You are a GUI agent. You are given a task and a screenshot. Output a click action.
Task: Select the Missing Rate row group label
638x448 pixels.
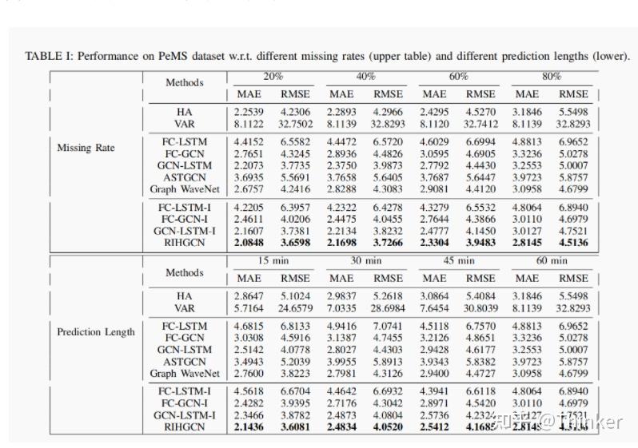(x=86, y=148)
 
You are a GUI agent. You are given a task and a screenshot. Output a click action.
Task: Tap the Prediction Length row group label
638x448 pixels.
(x=96, y=331)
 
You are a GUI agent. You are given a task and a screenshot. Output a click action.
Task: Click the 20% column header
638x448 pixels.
(x=274, y=77)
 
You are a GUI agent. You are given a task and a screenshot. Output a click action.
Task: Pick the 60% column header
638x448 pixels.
(x=458, y=77)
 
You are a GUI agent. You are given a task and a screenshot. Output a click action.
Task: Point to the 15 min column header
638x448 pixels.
(x=273, y=261)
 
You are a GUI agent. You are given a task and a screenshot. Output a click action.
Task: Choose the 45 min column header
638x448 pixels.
(x=458, y=261)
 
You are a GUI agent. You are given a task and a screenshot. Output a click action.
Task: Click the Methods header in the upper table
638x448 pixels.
(x=185, y=82)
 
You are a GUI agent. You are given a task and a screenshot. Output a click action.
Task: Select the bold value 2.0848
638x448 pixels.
(x=250, y=242)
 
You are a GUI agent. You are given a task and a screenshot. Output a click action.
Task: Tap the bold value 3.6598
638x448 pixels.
(x=296, y=242)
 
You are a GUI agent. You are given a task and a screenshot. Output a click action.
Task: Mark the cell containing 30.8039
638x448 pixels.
(x=480, y=307)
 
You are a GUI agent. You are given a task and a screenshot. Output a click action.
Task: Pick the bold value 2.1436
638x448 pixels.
(x=250, y=426)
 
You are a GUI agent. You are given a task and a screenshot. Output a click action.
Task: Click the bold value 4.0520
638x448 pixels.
(x=389, y=426)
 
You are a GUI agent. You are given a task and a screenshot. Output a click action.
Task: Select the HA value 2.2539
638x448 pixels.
(x=250, y=113)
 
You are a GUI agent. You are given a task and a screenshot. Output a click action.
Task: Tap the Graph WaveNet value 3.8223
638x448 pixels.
(x=296, y=373)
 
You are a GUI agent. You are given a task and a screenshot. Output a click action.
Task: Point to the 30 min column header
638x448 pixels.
(x=366, y=261)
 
